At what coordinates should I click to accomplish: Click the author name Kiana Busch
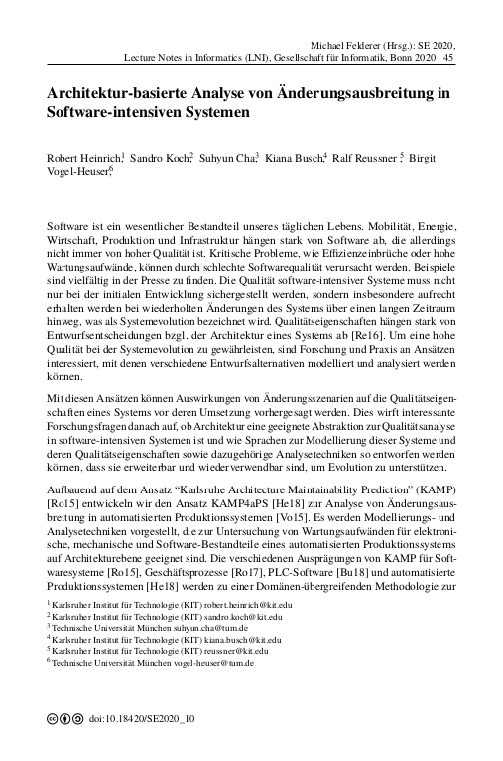pos(294,158)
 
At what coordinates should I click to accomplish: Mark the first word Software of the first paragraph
pos(68,212)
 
